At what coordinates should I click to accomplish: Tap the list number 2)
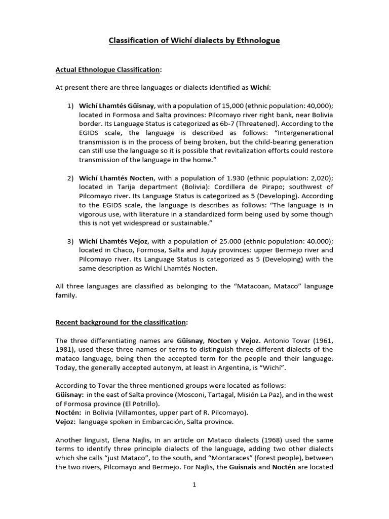click(x=70, y=178)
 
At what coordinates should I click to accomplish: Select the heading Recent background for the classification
click(x=121, y=322)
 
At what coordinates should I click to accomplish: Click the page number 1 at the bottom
click(x=194, y=485)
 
